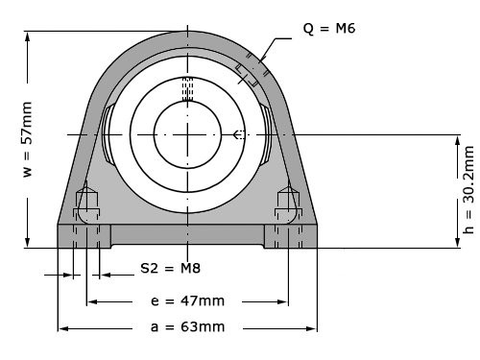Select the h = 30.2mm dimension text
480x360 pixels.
coord(468,190)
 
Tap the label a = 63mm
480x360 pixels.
coord(187,326)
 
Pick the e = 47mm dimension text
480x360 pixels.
coord(187,300)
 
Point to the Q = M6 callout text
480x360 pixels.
coord(329,29)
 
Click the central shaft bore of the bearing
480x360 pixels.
coord(187,134)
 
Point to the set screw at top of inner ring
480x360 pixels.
coord(187,87)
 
